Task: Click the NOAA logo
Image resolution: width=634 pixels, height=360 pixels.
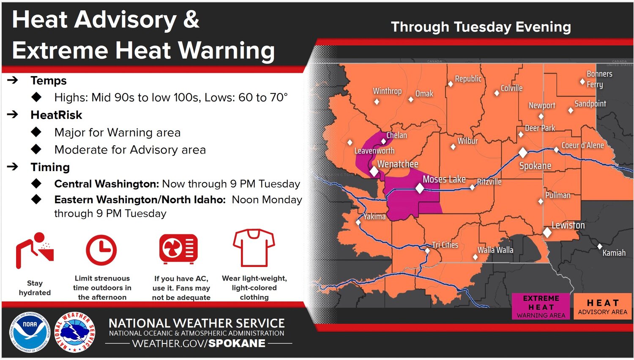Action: point(30,332)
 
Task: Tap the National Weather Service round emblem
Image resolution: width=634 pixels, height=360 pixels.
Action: point(75,332)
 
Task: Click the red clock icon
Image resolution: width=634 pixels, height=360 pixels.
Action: point(101,250)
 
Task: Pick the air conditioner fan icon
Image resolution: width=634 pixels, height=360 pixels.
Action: point(178,249)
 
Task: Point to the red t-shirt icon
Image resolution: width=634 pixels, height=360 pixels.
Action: point(254,248)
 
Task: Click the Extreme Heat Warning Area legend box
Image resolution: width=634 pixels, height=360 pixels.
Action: point(541,306)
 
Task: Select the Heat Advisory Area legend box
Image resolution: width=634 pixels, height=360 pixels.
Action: point(602,306)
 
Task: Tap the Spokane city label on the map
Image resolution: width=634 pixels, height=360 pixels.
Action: point(535,166)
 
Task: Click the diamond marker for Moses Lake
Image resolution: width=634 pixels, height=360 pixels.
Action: point(420,188)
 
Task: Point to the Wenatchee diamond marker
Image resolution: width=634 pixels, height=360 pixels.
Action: point(374,171)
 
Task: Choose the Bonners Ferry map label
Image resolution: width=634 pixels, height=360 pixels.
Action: point(599,79)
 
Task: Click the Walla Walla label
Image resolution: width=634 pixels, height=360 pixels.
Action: point(495,250)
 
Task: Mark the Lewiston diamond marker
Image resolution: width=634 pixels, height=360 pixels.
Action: point(547,233)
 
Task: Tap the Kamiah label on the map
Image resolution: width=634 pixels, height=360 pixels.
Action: point(614,253)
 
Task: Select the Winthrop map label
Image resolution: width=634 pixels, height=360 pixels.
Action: point(387,91)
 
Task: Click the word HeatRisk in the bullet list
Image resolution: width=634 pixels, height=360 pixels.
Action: point(56,115)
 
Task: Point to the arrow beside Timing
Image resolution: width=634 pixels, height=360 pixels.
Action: point(12,166)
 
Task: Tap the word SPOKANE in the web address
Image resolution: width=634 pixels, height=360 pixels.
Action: point(237,343)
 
